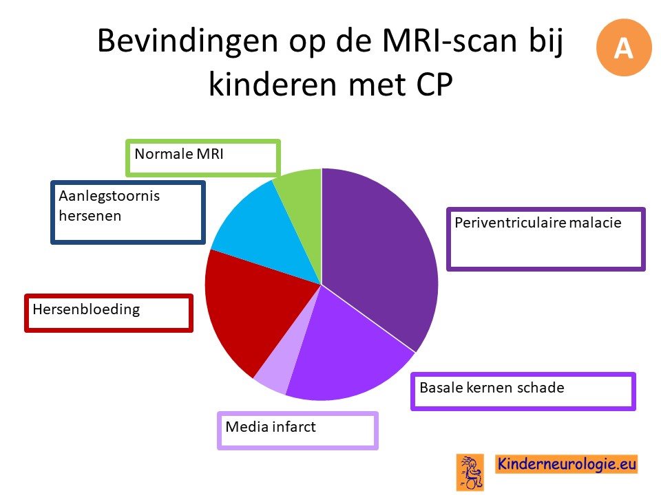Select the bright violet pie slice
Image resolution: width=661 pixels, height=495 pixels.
click(346, 357)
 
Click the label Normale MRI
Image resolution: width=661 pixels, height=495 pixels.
click(179, 154)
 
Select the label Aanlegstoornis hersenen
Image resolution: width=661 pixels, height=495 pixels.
click(109, 206)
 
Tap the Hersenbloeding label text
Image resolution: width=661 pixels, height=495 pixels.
click(86, 309)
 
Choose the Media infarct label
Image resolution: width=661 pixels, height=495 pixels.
click(270, 427)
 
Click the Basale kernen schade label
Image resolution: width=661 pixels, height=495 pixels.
click(492, 388)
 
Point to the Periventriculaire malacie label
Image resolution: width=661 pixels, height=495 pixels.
click(538, 222)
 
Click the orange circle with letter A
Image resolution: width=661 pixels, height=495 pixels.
click(624, 47)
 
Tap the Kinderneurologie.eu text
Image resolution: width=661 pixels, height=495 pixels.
click(566, 464)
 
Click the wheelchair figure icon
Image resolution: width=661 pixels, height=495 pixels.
click(470, 472)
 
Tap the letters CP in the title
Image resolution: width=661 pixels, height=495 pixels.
click(434, 84)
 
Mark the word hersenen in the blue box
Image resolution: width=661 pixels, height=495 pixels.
click(90, 216)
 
